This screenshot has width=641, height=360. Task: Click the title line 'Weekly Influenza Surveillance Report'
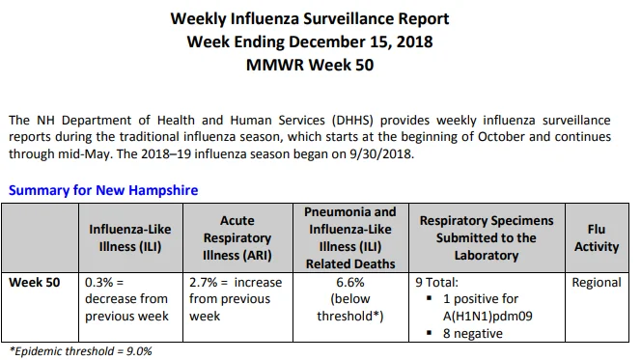click(310, 18)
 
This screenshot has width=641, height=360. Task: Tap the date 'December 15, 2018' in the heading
click(360, 42)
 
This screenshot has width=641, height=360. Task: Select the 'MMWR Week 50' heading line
click(310, 65)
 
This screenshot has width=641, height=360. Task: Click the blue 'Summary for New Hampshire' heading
click(103, 190)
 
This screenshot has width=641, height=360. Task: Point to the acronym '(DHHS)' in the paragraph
click(352, 120)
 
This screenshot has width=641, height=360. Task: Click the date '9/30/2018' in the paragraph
click(380, 154)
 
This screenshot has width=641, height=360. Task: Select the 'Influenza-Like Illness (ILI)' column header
click(130, 237)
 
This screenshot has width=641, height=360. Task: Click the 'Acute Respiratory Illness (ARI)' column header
click(237, 237)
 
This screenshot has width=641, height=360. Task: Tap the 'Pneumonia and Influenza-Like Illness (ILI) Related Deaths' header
click(350, 237)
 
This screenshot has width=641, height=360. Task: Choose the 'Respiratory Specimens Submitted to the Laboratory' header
click(487, 237)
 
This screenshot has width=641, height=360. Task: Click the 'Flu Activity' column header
click(597, 237)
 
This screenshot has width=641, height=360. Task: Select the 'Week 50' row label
click(35, 283)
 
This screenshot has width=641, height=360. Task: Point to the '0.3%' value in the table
click(98, 283)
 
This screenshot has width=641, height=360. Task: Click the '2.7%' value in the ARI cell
click(203, 283)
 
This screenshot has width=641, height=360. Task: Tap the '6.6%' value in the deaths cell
click(350, 283)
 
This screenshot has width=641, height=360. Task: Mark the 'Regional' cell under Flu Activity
click(597, 283)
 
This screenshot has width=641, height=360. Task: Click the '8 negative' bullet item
click(473, 333)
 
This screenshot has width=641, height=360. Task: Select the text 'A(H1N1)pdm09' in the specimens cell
click(488, 317)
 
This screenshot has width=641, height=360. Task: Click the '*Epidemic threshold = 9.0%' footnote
click(80, 351)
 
